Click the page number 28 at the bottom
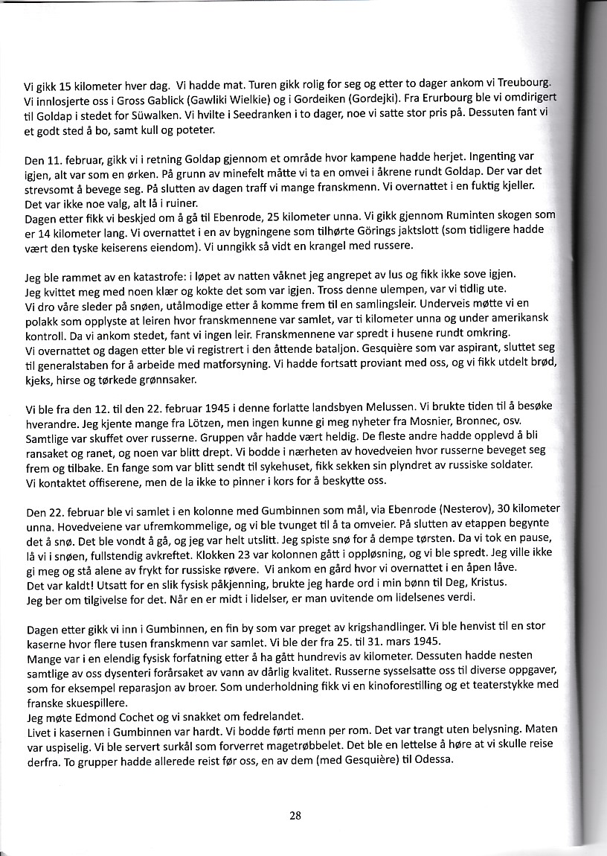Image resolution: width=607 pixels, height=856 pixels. click(x=295, y=815)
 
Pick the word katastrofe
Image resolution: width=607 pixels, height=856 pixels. click(x=141, y=276)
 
